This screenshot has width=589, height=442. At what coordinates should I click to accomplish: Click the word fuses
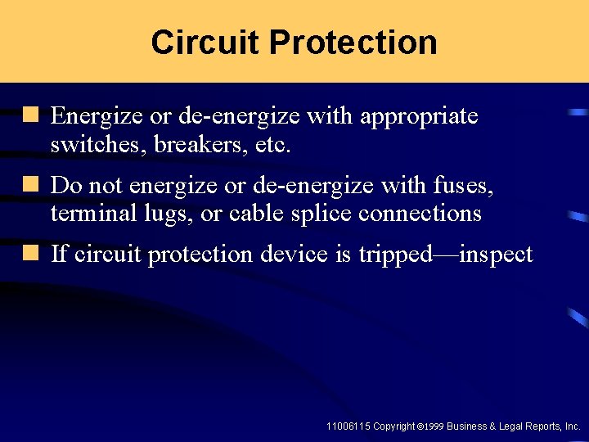(464, 186)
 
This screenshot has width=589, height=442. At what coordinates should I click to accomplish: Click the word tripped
(394, 255)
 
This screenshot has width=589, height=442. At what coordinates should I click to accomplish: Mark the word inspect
(496, 255)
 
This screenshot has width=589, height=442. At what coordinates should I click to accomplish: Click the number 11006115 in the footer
(348, 426)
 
